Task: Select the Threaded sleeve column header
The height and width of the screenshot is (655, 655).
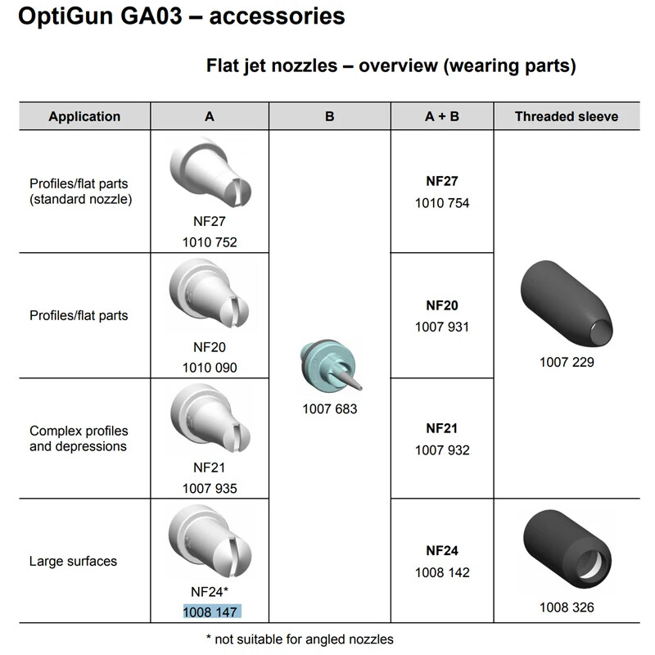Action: pyautogui.click(x=567, y=116)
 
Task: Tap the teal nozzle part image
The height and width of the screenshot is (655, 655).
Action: pyautogui.click(x=331, y=366)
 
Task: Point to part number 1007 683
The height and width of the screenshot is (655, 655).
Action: pyautogui.click(x=330, y=409)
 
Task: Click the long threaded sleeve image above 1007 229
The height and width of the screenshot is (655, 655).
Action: pyautogui.click(x=567, y=305)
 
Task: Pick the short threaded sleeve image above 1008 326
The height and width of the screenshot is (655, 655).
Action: pyautogui.click(x=567, y=549)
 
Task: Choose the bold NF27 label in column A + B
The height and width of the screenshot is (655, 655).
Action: pyautogui.click(x=442, y=181)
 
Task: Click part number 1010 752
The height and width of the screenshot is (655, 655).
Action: pyautogui.click(x=210, y=242)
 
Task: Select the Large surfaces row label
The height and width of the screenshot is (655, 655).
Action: pyautogui.click(x=73, y=561)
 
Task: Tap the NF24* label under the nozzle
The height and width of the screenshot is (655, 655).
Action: pyautogui.click(x=210, y=591)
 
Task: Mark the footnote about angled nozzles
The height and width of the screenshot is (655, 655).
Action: pyautogui.click(x=300, y=639)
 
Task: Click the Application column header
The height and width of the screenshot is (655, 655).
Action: pyautogui.click(x=84, y=116)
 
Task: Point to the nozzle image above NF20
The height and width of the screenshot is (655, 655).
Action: pyautogui.click(x=210, y=294)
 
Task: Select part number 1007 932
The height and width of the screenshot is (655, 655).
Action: pyautogui.click(x=442, y=449)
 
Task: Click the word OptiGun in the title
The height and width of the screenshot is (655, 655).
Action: pyautogui.click(x=65, y=16)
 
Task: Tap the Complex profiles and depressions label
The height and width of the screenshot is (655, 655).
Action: pyautogui.click(x=79, y=438)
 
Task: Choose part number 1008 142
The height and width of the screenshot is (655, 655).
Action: pyautogui.click(x=442, y=572)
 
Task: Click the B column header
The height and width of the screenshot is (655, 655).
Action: pyautogui.click(x=330, y=116)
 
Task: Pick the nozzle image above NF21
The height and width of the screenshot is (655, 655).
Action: pyautogui.click(x=210, y=418)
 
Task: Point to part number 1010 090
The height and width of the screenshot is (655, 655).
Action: pyautogui.click(x=210, y=368)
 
